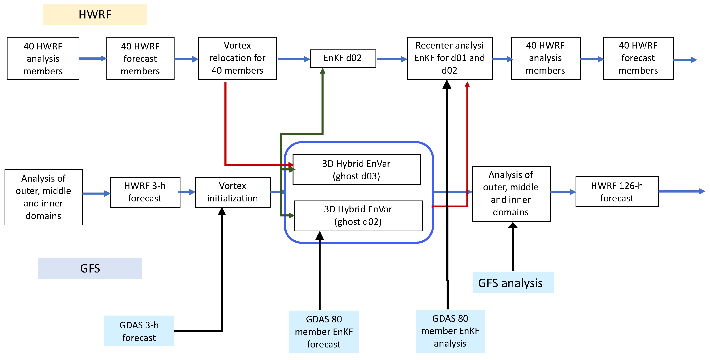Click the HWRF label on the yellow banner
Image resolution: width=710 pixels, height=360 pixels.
[x=95, y=14]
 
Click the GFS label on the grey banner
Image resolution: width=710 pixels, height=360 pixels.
[x=90, y=268]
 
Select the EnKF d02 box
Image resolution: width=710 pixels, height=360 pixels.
[x=343, y=58]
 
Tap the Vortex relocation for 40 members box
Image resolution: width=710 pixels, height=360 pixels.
[x=237, y=58]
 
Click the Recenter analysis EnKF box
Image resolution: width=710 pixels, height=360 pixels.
[x=449, y=58]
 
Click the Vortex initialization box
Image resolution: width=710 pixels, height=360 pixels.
[x=232, y=192]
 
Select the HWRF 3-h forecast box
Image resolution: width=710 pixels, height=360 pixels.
[x=145, y=192]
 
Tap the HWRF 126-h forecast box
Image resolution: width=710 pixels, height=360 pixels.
[x=617, y=192]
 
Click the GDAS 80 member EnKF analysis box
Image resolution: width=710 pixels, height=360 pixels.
[x=450, y=331]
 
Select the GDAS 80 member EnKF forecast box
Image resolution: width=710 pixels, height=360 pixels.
[x=324, y=332]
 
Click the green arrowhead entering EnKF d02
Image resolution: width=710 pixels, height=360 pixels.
[x=322, y=71]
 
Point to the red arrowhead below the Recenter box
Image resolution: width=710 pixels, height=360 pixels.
[x=467, y=84]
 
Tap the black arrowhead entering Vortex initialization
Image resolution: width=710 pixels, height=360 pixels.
[x=222, y=211]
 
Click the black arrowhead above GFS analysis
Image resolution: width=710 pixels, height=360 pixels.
[x=513, y=225]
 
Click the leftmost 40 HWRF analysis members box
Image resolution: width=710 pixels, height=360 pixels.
[x=43, y=58]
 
